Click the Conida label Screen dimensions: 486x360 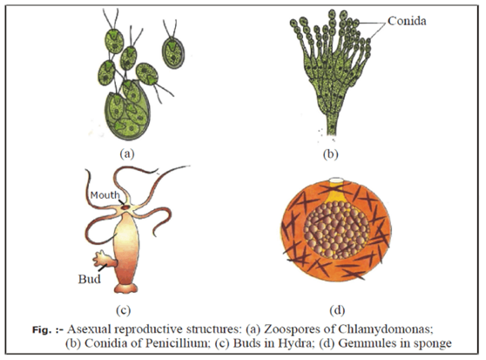407,21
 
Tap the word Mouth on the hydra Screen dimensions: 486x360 105,195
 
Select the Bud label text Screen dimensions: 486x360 89,279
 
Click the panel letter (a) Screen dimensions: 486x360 127,153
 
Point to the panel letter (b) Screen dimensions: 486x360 330,153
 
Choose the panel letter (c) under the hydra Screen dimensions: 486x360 123,309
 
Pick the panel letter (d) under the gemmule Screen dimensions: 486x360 337,309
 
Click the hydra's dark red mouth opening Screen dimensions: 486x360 125,207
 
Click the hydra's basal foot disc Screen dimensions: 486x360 125,289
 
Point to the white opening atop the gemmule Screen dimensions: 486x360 336,180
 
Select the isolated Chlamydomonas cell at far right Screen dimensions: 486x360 173,52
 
